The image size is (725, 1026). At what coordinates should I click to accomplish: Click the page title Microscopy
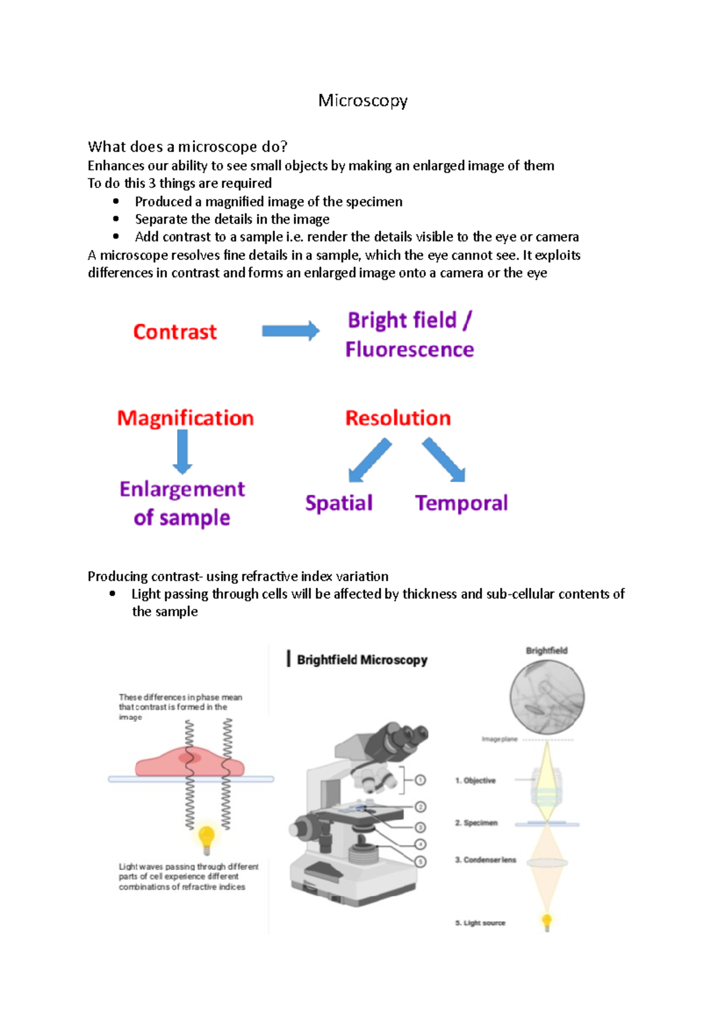(362, 100)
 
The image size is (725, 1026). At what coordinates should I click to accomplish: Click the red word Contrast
(175, 332)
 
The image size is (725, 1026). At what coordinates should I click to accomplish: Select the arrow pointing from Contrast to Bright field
(290, 331)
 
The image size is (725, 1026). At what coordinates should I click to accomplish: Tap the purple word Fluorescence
(410, 349)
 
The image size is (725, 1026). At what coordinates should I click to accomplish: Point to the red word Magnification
(185, 418)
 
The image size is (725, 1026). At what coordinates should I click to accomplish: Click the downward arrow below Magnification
(182, 452)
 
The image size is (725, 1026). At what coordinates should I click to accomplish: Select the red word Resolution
(398, 418)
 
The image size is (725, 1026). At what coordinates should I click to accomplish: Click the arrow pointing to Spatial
(369, 461)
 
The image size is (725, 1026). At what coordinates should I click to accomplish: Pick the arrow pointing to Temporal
(444, 460)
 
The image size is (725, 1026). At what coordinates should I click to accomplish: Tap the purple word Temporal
(461, 503)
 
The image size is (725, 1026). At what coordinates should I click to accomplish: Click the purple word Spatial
(338, 503)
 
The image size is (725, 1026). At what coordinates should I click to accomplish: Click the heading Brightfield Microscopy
(361, 660)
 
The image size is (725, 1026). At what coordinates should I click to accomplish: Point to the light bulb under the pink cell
(207, 838)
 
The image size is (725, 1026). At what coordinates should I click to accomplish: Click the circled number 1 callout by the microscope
(420, 780)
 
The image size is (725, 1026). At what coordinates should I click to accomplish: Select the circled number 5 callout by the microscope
(420, 862)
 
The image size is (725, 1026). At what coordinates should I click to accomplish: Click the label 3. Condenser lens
(486, 860)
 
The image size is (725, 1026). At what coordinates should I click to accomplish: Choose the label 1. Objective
(475, 781)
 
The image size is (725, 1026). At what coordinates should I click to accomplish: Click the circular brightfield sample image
(547, 697)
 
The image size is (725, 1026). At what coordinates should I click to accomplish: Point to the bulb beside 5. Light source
(547, 921)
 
